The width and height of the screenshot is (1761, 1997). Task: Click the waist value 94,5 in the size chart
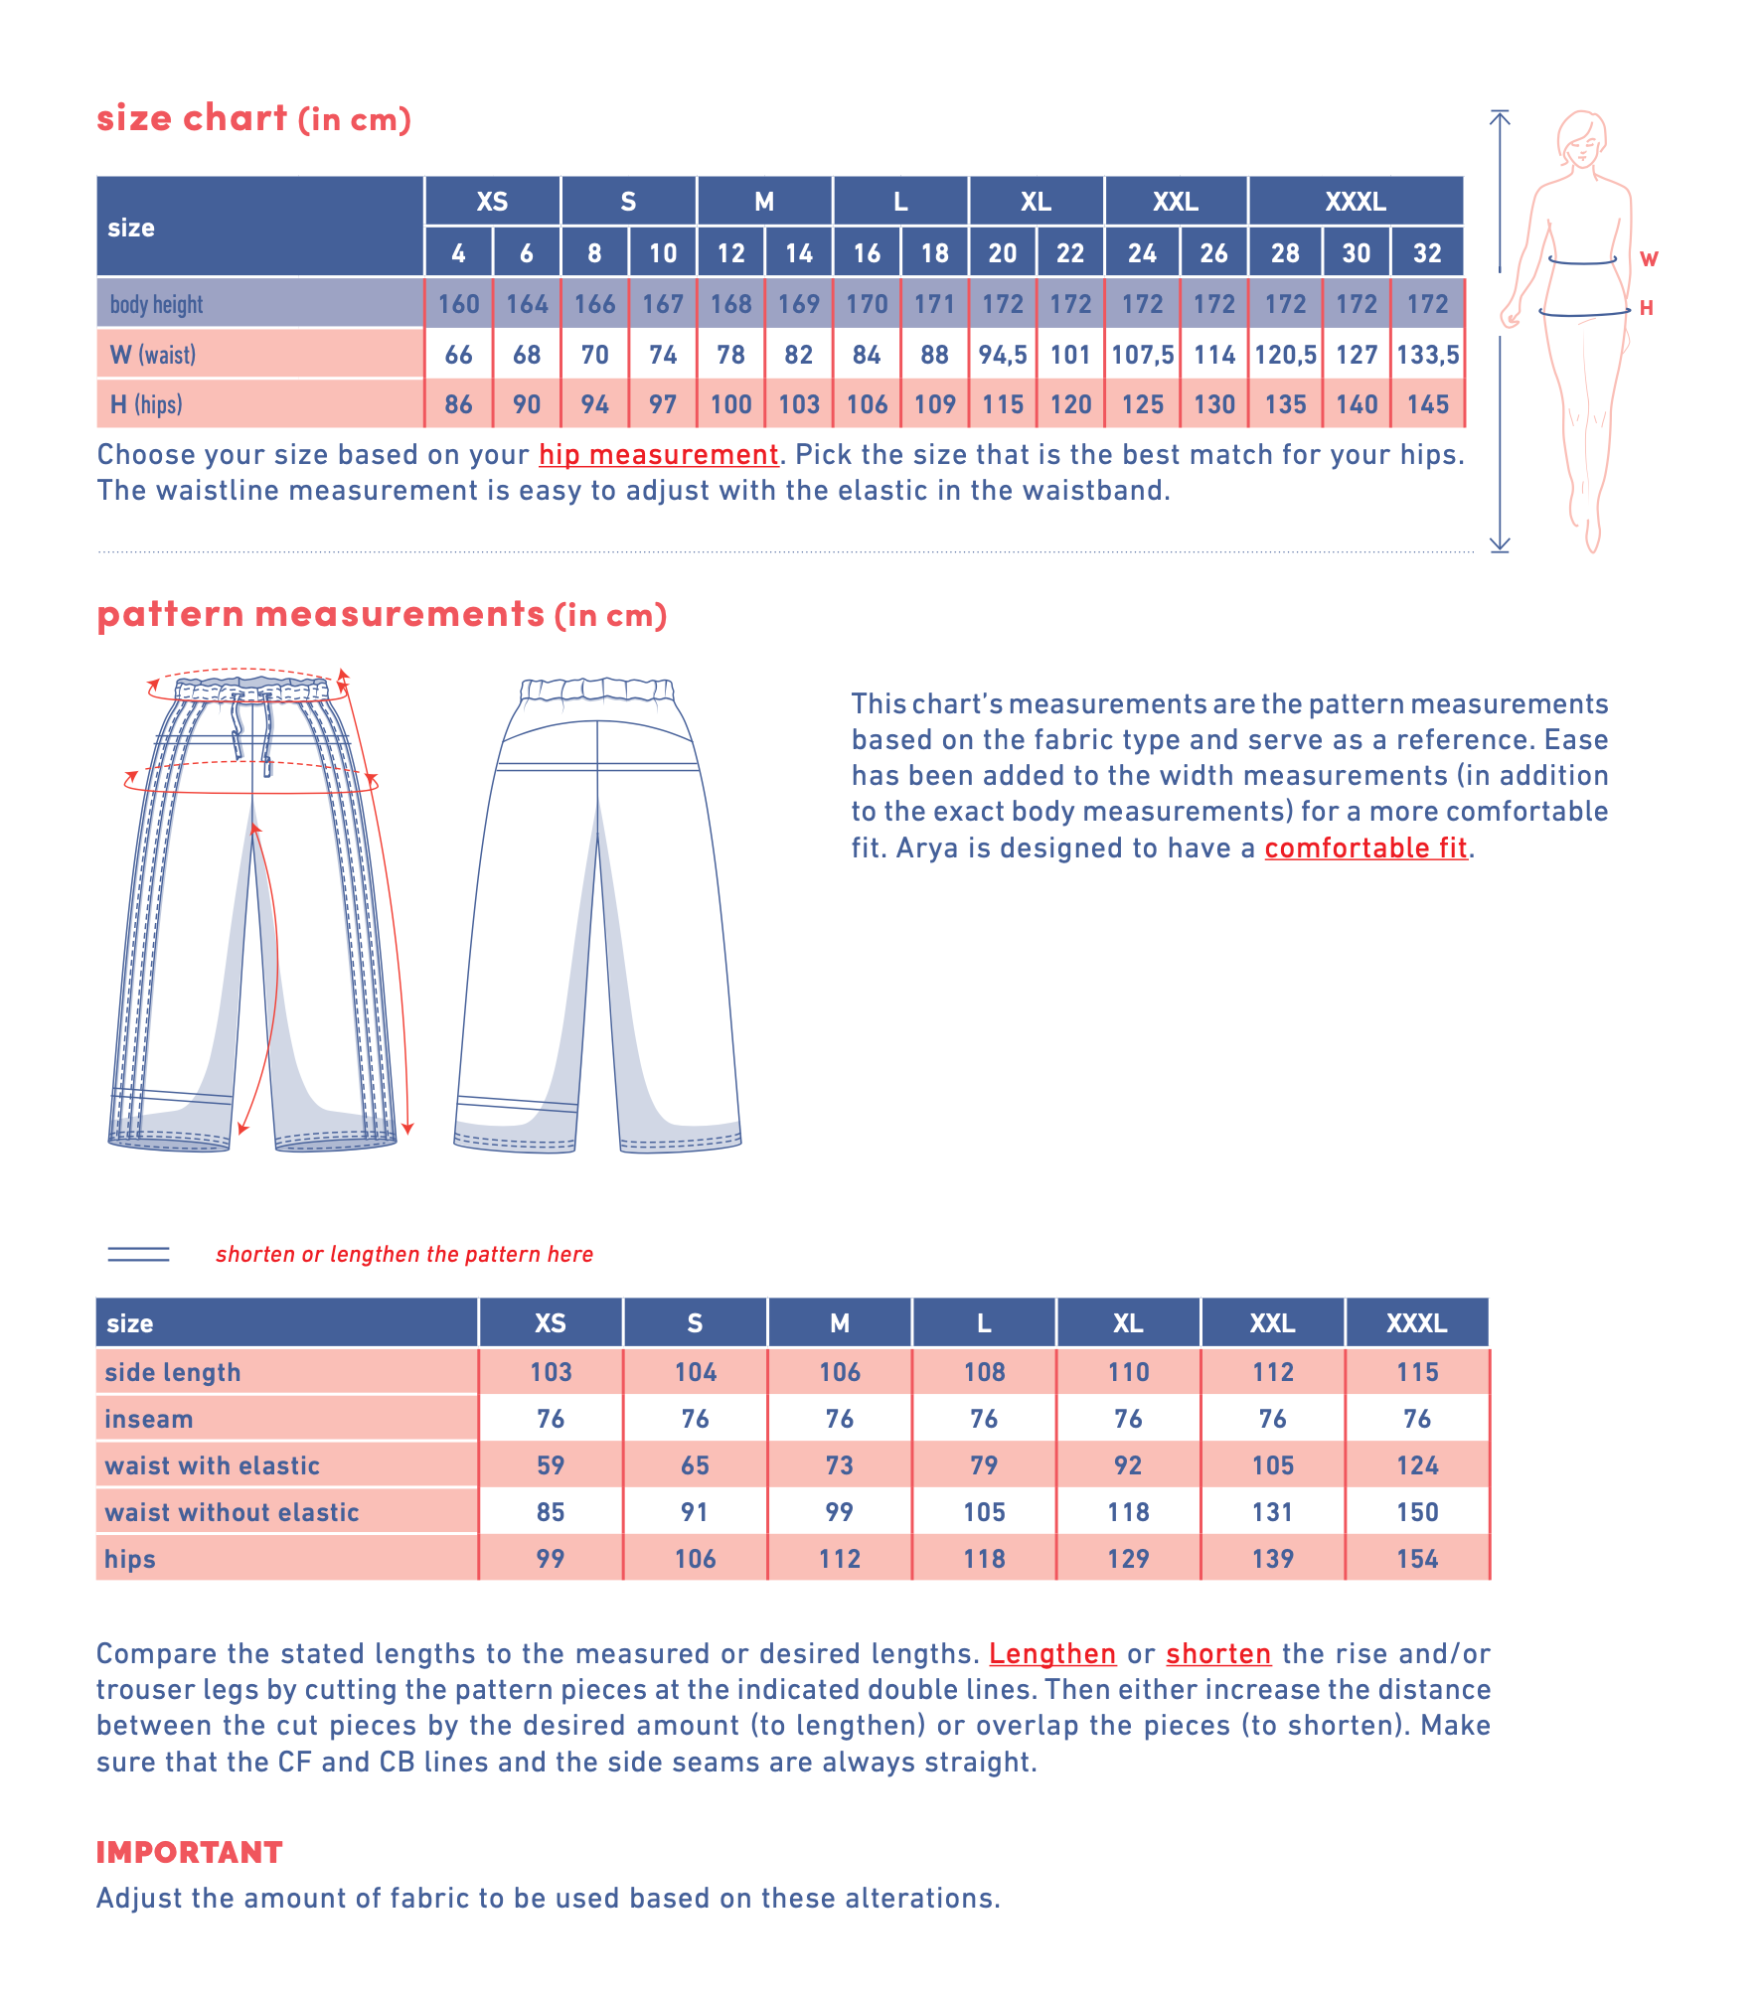[x=1002, y=355]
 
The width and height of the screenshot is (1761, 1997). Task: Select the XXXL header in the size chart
[x=1355, y=202]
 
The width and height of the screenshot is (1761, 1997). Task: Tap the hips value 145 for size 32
[x=1427, y=404]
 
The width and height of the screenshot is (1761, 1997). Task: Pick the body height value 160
[x=458, y=304]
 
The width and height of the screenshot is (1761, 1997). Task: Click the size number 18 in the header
[x=934, y=253]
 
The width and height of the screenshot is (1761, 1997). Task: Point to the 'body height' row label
[x=156, y=304]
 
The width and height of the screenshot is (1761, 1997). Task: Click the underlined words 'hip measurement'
[x=658, y=455]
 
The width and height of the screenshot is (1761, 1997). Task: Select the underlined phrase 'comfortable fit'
[x=1365, y=847]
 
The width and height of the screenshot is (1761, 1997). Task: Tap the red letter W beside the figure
[x=1649, y=259]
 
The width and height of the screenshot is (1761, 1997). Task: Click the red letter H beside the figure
[x=1647, y=308]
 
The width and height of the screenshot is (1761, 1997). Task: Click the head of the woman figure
[x=1581, y=139]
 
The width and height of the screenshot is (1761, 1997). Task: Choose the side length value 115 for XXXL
[x=1417, y=1372]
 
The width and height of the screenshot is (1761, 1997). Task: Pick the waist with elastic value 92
[x=1128, y=1465]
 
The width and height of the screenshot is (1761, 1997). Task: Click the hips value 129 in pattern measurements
[x=1128, y=1559]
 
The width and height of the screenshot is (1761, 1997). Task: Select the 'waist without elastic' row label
[x=232, y=1512]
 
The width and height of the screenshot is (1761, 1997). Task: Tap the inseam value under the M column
[x=840, y=1419]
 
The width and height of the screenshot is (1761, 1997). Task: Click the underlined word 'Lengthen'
[x=1052, y=1653]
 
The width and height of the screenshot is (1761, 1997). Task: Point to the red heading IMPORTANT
[x=189, y=1852]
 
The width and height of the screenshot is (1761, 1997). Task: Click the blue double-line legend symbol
[x=138, y=1254]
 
